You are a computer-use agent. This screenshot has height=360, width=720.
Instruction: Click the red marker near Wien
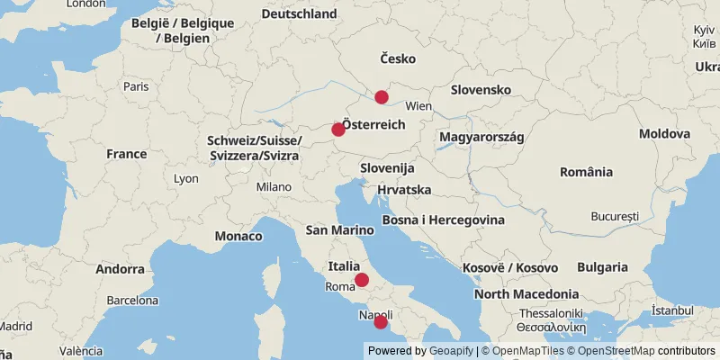(382, 97)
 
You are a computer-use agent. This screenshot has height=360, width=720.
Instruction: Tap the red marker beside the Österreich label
(338, 130)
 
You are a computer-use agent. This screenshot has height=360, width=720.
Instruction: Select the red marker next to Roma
(362, 280)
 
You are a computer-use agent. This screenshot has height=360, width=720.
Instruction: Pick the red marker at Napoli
(381, 322)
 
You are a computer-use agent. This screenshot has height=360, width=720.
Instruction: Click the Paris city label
(136, 86)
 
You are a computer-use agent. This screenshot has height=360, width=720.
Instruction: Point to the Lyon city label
(186, 178)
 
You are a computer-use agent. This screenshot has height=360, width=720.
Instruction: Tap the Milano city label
(274, 186)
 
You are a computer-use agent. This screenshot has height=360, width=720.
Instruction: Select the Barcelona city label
(132, 301)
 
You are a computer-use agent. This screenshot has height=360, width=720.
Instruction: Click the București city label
(615, 217)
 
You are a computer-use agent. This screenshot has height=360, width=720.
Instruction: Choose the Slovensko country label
(481, 90)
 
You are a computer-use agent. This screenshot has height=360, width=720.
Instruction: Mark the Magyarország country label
(481, 136)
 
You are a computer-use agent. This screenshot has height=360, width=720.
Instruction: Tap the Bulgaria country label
(602, 266)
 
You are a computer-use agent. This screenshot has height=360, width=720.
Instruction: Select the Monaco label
(238, 236)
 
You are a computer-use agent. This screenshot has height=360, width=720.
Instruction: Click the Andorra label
(120, 268)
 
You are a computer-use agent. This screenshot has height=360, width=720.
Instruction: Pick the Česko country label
(398, 58)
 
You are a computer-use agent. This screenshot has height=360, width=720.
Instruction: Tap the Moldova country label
(665, 133)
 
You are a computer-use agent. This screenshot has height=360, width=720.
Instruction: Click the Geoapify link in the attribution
(452, 351)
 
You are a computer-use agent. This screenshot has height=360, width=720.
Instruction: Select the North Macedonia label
(526, 293)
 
